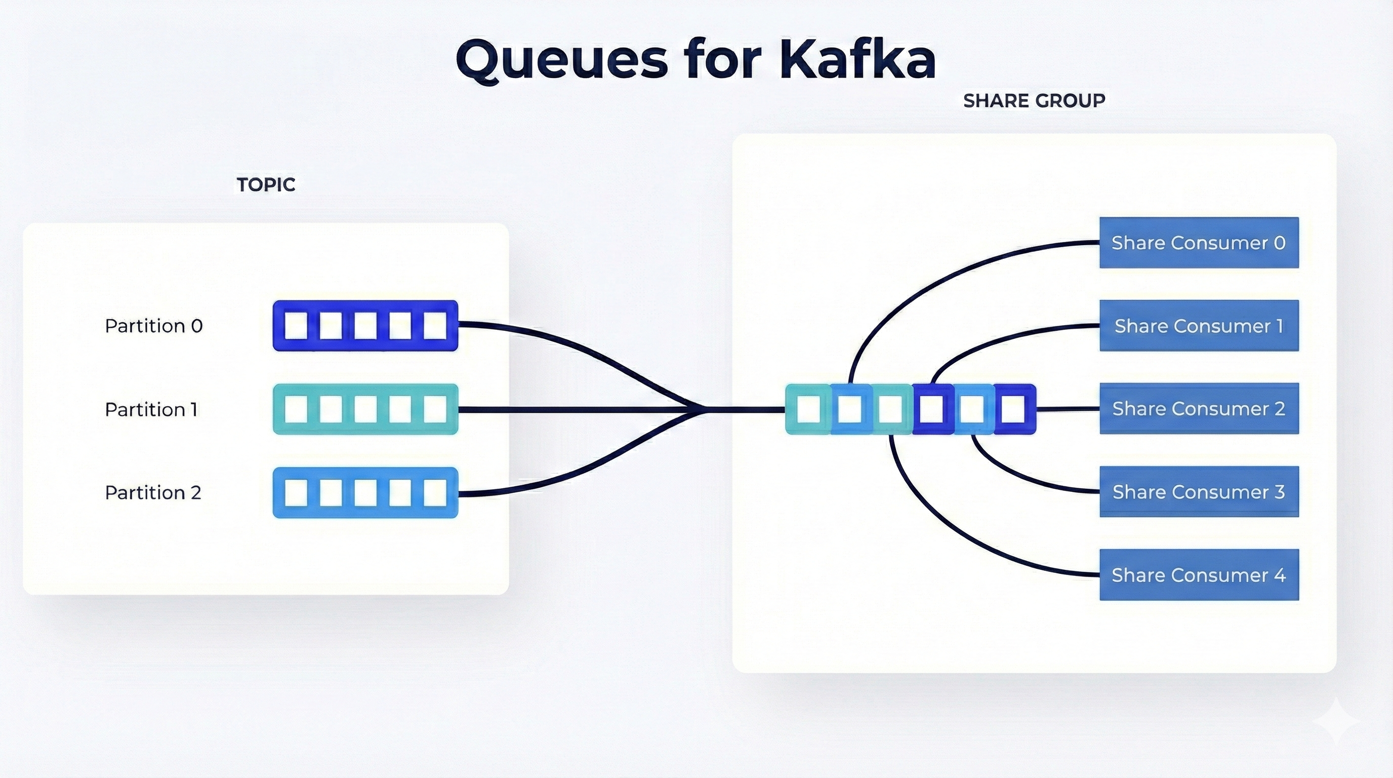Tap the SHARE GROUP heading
(x=1034, y=101)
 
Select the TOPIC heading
(x=266, y=185)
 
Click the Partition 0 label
(x=153, y=326)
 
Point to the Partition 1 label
(x=151, y=410)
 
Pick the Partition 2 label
(x=153, y=492)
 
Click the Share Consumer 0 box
(x=1199, y=243)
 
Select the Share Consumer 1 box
(x=1199, y=326)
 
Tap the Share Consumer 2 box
(x=1199, y=408)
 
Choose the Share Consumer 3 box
(x=1199, y=492)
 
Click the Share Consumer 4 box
(x=1199, y=574)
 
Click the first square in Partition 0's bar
(x=296, y=326)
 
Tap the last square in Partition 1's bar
(x=435, y=409)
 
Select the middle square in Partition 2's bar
(x=365, y=492)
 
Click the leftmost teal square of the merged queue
(x=808, y=409)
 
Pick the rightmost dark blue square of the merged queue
(x=1013, y=409)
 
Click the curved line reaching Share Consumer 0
(x=919, y=287)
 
